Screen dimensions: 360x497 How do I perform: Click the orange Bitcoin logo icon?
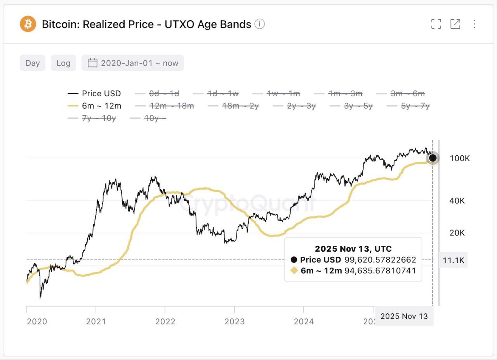(x=28, y=24)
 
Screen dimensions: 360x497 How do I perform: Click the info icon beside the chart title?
(x=259, y=24)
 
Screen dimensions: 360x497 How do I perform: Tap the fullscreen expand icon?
(x=436, y=24)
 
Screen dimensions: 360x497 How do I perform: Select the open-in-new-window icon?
(x=455, y=24)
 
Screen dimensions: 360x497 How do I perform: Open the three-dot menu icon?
(x=474, y=24)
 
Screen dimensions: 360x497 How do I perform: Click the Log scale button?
(x=63, y=63)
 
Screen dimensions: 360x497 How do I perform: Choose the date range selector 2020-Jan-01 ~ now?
(x=133, y=63)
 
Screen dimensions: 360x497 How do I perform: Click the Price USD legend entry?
(x=94, y=94)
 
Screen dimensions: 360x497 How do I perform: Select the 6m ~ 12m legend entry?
(x=94, y=106)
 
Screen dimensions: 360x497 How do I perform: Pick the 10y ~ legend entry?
(x=149, y=118)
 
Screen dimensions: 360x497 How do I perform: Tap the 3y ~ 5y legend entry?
(x=351, y=106)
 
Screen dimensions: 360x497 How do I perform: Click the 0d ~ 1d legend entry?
(x=157, y=94)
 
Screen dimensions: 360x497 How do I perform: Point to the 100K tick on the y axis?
(x=460, y=158)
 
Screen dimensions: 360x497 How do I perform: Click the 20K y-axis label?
(x=457, y=233)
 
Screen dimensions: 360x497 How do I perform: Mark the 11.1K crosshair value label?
(x=454, y=260)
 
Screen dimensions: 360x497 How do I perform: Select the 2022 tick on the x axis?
(x=165, y=321)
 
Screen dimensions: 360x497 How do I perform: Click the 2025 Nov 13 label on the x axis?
(x=404, y=316)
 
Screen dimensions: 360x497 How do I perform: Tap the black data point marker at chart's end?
(x=433, y=158)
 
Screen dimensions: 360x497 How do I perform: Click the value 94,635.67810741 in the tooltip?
(x=380, y=271)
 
